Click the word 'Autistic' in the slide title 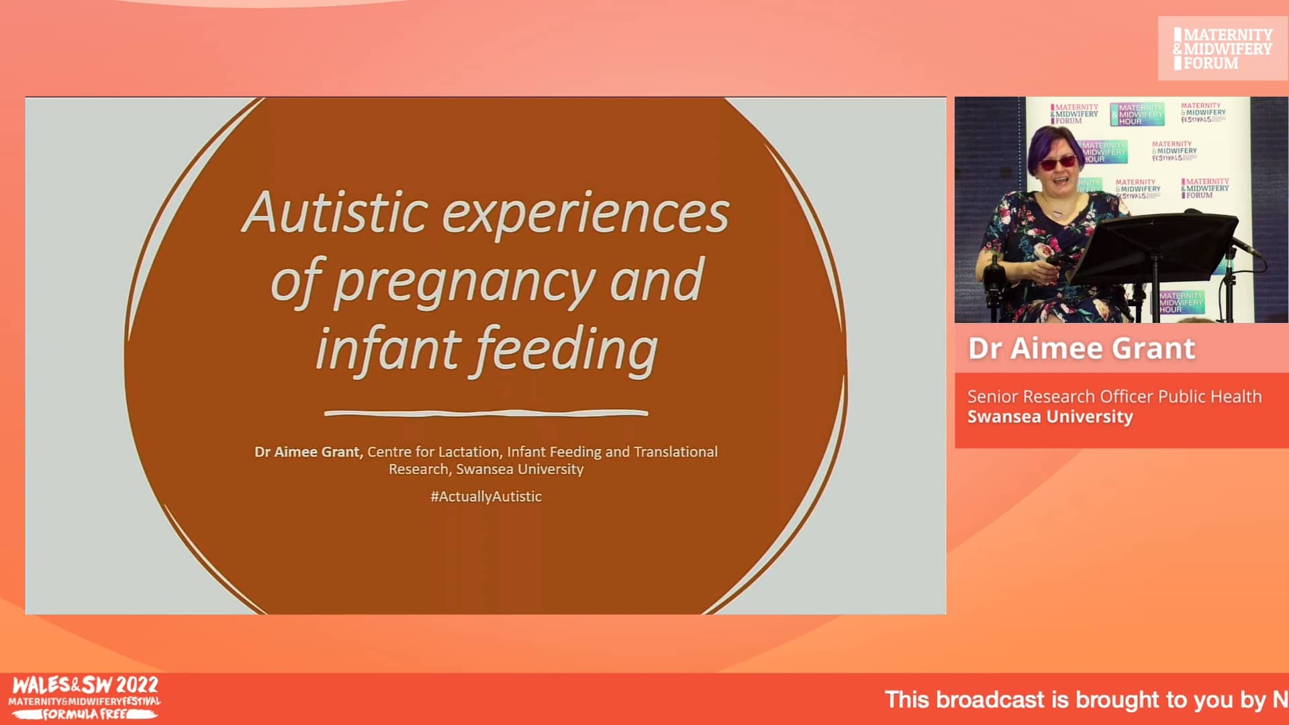point(334,212)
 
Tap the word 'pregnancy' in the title point(463,282)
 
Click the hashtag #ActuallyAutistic point(485,497)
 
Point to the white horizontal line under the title point(485,413)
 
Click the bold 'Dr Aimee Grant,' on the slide point(308,452)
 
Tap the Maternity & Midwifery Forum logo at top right point(1222,48)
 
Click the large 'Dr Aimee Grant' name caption point(1081,348)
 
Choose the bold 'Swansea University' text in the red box point(1049,417)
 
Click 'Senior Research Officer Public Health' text point(1114,397)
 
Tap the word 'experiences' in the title point(585,212)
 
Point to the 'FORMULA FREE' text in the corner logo point(85,714)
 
